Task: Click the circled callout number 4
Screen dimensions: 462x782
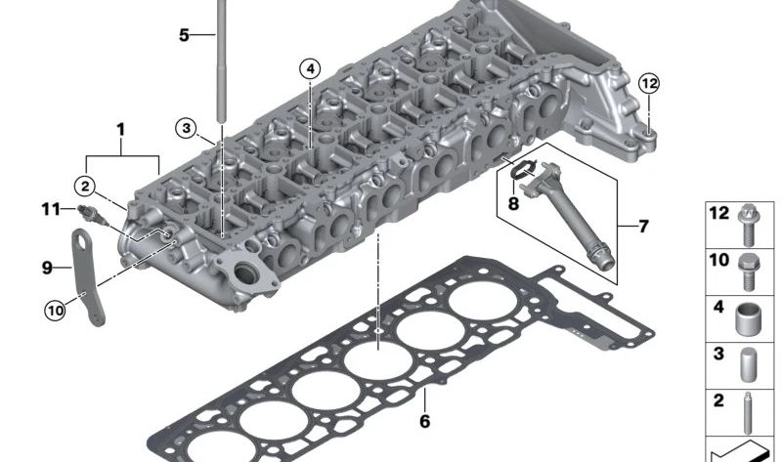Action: click(310, 68)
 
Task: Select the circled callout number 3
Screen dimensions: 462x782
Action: click(187, 127)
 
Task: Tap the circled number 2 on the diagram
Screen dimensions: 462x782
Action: click(86, 185)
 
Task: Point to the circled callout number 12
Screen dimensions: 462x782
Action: click(650, 84)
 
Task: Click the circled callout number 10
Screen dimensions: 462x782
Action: click(55, 311)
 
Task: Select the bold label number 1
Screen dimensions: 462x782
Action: click(121, 129)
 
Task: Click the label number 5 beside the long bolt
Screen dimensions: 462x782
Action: click(184, 35)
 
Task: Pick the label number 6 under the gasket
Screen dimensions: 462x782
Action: click(424, 422)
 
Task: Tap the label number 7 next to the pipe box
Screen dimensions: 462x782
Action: click(643, 227)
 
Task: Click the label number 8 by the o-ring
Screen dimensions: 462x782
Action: click(512, 205)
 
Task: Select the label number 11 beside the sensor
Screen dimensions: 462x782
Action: click(51, 208)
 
